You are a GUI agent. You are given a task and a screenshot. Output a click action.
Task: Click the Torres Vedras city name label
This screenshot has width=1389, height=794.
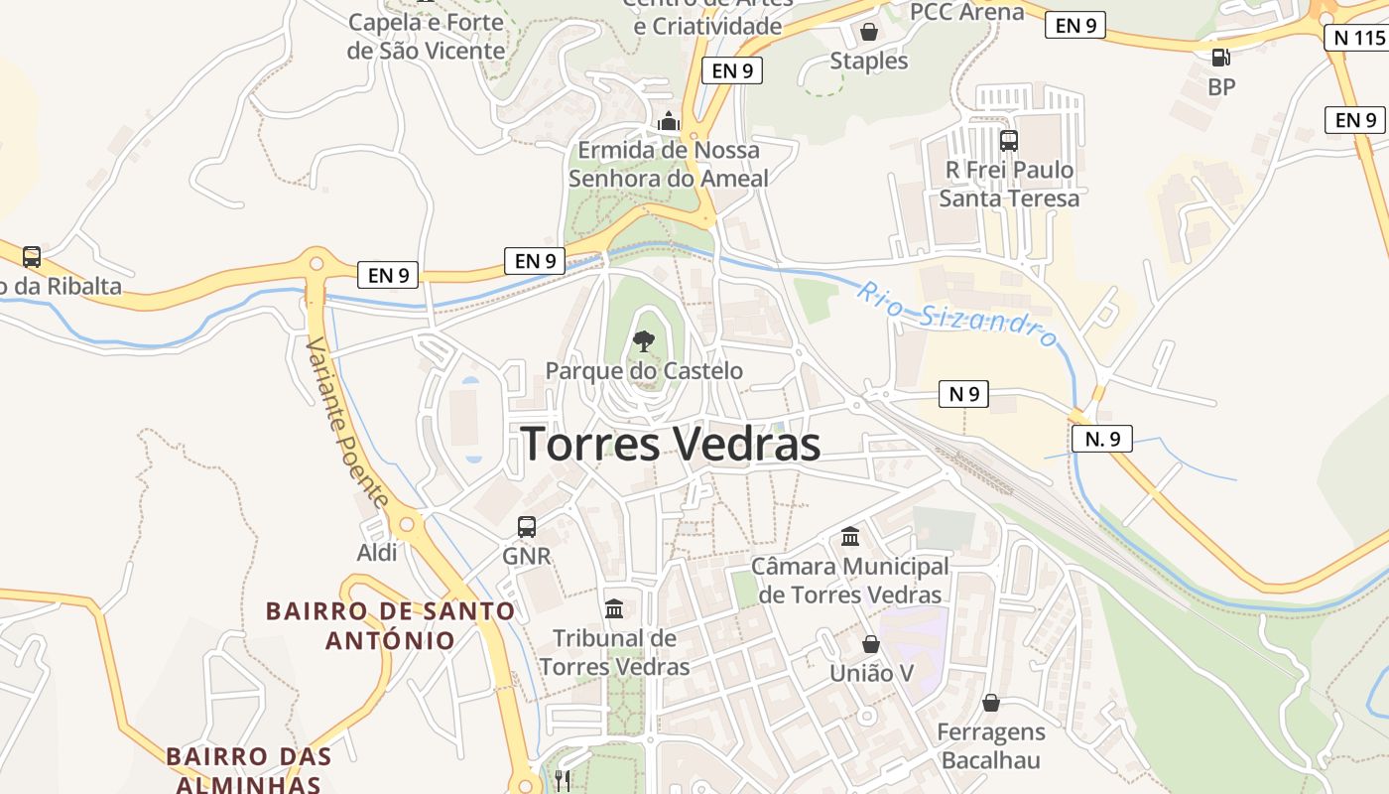[x=671, y=444]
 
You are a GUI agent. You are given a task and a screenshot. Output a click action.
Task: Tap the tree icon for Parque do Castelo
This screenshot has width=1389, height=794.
[x=644, y=341]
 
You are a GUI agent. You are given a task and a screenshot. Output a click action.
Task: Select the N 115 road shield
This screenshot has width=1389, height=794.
[x=1355, y=39]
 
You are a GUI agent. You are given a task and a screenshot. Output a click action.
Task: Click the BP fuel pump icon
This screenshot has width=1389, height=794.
[x=1221, y=57]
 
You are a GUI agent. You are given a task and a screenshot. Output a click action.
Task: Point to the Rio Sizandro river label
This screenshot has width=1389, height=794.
[x=957, y=314]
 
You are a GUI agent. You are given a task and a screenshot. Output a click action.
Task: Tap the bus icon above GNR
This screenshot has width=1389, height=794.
[x=527, y=527]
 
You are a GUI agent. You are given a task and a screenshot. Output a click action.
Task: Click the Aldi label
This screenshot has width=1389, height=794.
[x=377, y=553]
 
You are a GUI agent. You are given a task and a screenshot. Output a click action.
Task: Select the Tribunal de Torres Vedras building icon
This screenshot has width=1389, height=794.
[x=614, y=607]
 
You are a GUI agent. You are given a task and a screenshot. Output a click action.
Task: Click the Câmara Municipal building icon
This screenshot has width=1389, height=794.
[x=850, y=537]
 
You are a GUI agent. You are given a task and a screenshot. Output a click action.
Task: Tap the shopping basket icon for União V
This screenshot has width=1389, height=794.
[x=870, y=644]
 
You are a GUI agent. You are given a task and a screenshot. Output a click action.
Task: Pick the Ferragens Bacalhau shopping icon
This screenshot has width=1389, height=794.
[x=990, y=704]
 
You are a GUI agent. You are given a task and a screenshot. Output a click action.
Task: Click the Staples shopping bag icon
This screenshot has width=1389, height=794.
[x=869, y=32]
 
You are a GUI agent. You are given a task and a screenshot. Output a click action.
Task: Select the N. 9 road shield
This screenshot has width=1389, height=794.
[x=1101, y=438]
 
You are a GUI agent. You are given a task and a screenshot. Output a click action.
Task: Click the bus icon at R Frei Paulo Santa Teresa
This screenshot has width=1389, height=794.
[x=1009, y=140]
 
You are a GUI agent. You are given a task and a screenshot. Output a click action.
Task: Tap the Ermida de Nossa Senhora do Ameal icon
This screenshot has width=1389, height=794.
[x=669, y=121]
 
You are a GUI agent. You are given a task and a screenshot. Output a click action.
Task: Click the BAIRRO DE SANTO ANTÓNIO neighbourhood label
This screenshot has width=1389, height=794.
[x=390, y=625]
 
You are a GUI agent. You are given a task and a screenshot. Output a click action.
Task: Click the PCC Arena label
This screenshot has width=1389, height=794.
[x=966, y=12]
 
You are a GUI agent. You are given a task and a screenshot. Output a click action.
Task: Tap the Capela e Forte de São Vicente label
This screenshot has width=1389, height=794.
[x=427, y=36]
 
